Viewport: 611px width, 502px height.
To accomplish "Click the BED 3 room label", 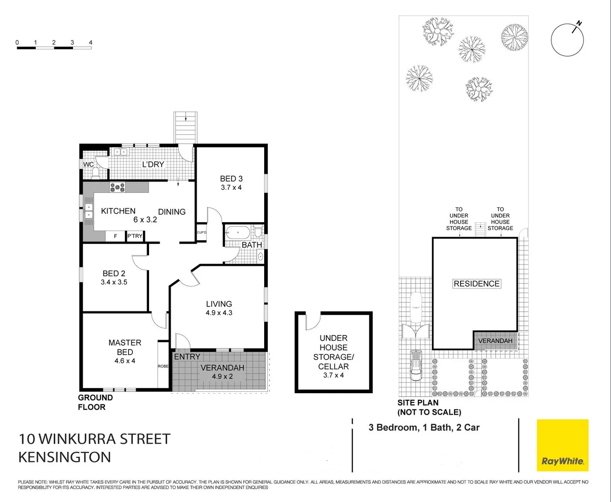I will pyautogui.click(x=231, y=178).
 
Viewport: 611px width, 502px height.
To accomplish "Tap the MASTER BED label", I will pyautogui.click(x=125, y=347).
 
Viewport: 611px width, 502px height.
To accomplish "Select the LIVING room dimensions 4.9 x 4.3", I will pyautogui.click(x=219, y=313).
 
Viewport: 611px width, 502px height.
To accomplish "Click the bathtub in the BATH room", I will pyautogui.click(x=237, y=231).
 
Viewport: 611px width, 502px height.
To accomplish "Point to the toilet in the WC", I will pyautogui.click(x=96, y=173).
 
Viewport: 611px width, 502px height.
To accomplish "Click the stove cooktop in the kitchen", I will pyautogui.click(x=117, y=187).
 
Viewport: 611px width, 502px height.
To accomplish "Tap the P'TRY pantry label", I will pyautogui.click(x=135, y=236).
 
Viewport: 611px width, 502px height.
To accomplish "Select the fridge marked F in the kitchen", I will pyautogui.click(x=115, y=236).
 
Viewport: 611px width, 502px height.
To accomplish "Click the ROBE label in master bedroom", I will pyautogui.click(x=163, y=366).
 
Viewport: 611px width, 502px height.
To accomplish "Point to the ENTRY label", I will pyautogui.click(x=187, y=357).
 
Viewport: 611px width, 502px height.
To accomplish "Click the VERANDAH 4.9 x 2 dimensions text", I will pyautogui.click(x=222, y=376).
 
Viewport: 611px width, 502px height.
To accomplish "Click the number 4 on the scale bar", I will pyautogui.click(x=91, y=42).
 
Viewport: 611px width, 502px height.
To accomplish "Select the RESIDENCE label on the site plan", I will pyautogui.click(x=476, y=284).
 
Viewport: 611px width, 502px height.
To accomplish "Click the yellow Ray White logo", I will pyautogui.click(x=562, y=445).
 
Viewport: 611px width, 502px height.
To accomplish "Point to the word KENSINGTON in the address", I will pyautogui.click(x=65, y=457).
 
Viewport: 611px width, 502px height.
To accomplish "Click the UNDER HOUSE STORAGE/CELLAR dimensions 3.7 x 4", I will pyautogui.click(x=333, y=375).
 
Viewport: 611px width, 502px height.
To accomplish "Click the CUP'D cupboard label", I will pyautogui.click(x=201, y=233).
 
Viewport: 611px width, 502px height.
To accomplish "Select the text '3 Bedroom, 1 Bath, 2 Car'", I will pyautogui.click(x=424, y=428).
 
